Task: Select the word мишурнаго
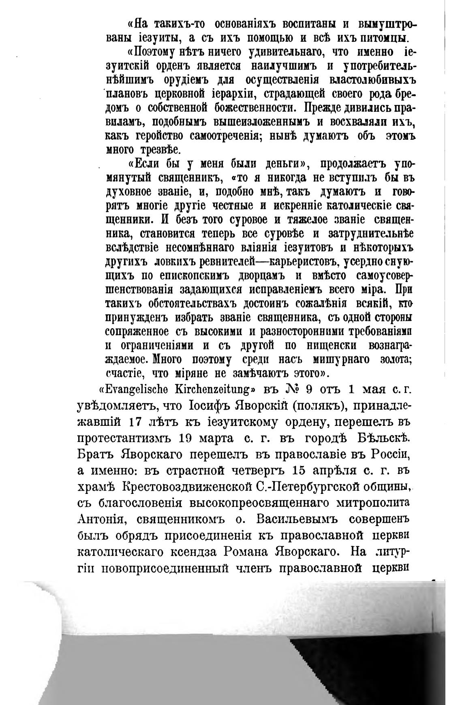point(340,359)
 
